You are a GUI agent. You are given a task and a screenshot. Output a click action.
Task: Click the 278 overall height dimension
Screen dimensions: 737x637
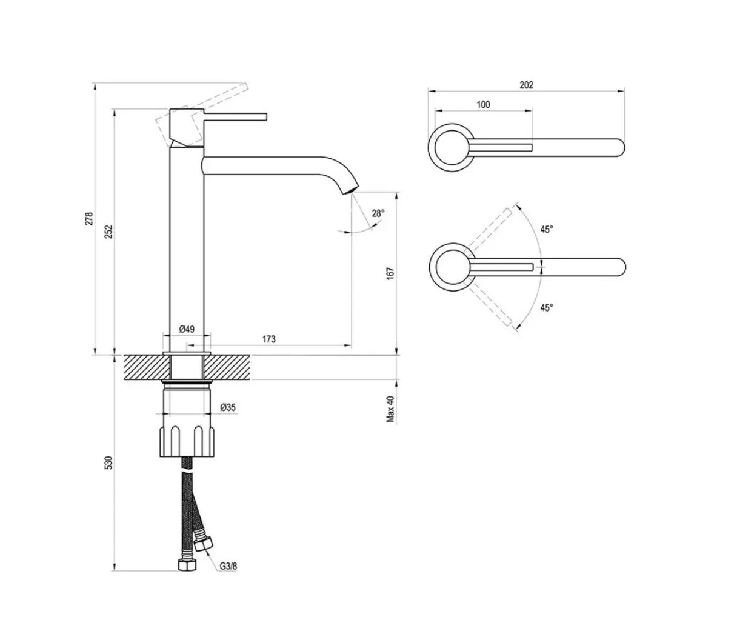(x=89, y=219)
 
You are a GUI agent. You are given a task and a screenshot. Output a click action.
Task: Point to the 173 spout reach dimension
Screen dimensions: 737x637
(x=269, y=339)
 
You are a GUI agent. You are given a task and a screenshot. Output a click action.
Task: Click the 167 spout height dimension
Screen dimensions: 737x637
(x=390, y=273)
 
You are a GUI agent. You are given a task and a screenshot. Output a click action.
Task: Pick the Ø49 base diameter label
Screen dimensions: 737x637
(x=187, y=329)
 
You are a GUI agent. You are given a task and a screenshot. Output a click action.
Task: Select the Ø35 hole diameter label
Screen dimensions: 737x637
(x=228, y=407)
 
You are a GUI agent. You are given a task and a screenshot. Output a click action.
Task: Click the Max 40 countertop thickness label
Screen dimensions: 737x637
(x=391, y=409)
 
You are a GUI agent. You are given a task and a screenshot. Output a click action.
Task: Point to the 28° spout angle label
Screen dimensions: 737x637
(x=378, y=213)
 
